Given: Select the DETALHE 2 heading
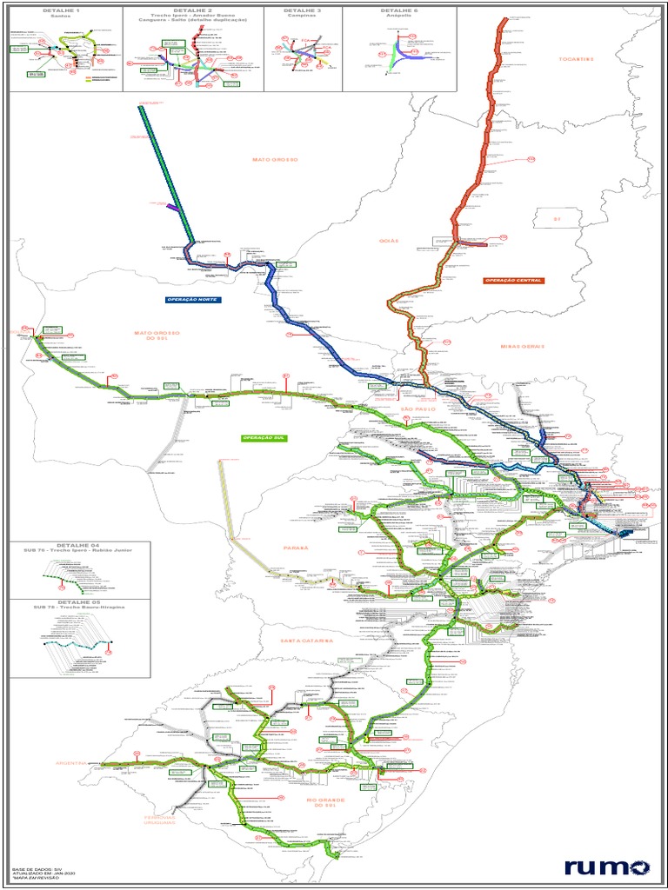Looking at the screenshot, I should (193, 10).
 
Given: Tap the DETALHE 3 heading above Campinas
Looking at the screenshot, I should (303, 10).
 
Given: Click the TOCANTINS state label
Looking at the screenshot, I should (576, 59).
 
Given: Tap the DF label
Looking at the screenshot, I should (558, 220).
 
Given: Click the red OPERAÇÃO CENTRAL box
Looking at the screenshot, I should (514, 281).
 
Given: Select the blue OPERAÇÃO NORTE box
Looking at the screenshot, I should (193, 300).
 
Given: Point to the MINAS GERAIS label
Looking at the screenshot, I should (522, 346).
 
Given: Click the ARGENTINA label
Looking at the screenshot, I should (72, 763).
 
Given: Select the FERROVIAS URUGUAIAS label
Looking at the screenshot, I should (159, 820).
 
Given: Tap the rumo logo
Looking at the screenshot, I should (606, 867).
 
